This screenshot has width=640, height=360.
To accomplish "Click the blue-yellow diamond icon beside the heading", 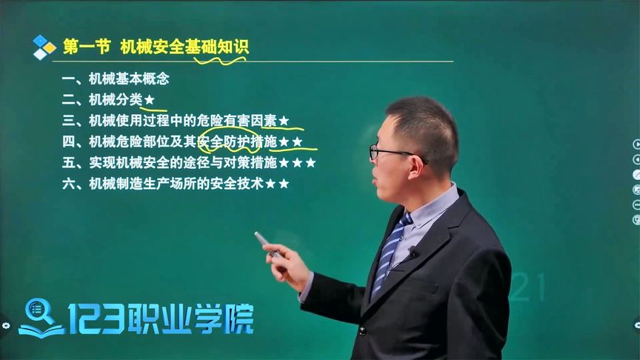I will (x=44, y=47).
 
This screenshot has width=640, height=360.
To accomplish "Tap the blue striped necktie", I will (x=390, y=252).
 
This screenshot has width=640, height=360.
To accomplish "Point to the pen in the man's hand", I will (x=266, y=244).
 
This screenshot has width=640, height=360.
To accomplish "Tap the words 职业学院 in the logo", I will (x=203, y=319).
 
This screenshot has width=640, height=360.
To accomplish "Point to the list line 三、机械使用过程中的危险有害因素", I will (x=175, y=120).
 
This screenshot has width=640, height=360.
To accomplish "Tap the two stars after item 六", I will (x=277, y=183).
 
